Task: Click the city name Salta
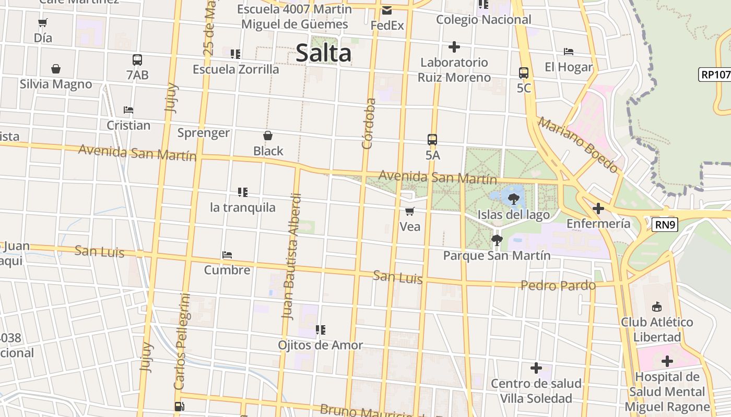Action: pos(323,53)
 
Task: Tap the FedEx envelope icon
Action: pos(387,10)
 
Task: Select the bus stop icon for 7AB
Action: pos(137,60)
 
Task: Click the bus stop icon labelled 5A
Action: pos(432,140)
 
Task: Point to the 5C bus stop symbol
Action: pos(524,73)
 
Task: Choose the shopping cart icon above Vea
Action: pos(410,211)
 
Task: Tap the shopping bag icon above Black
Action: pos(268,136)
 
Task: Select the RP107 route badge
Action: pos(714,75)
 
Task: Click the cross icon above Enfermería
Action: pos(598,209)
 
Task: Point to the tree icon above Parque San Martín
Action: pos(497,240)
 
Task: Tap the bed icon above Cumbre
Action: pos(227,255)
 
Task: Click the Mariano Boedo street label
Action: pos(578,145)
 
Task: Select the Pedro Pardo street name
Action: pos(558,285)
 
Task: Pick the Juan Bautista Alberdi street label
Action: pos(292,256)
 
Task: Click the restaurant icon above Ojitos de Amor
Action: pos(321,330)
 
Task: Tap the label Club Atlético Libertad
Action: pos(657,329)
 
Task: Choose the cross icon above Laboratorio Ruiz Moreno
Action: pos(454,47)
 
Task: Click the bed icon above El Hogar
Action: pos(569,52)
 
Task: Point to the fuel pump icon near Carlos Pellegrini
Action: pos(179,407)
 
